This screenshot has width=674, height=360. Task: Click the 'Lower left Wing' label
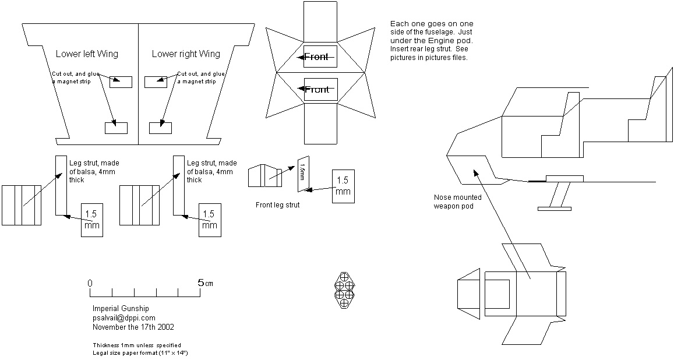pyautogui.click(x=87, y=54)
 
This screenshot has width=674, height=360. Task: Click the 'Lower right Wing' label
pyautogui.click(x=186, y=54)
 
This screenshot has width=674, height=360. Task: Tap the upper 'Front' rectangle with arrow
pyautogui.click(x=320, y=57)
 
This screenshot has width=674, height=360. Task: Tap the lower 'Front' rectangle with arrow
pyautogui.click(x=320, y=89)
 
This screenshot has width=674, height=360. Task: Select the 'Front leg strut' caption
pyautogui.click(x=278, y=205)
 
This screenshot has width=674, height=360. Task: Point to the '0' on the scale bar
pyautogui.click(x=90, y=283)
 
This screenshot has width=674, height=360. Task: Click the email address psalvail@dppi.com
pyautogui.click(x=124, y=317)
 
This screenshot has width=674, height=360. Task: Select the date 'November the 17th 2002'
pyautogui.click(x=133, y=327)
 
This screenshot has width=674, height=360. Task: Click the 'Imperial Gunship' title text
pyautogui.click(x=121, y=308)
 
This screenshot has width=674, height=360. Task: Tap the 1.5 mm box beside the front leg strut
pyautogui.click(x=343, y=186)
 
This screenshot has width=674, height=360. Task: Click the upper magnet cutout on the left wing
pyautogui.click(x=121, y=82)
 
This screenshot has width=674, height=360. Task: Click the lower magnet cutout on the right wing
pyautogui.click(x=160, y=128)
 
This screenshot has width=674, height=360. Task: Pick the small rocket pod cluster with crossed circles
pyautogui.click(x=344, y=289)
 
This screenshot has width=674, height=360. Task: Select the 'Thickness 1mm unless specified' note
pyautogui.click(x=136, y=345)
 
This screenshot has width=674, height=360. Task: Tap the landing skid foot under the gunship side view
pyautogui.click(x=553, y=207)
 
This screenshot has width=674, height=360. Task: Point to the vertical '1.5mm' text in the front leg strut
pyautogui.click(x=302, y=173)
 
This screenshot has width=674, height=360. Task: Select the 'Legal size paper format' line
pyautogui.click(x=139, y=353)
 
